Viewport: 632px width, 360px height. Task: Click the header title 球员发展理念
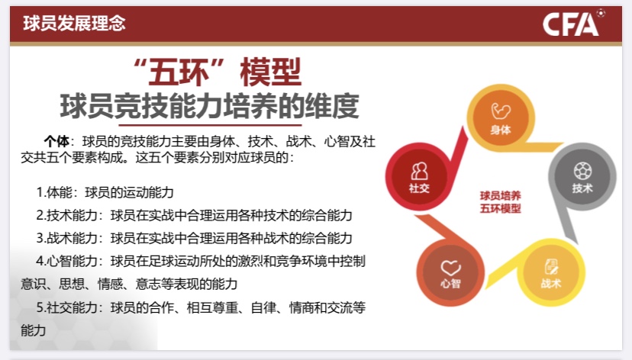pyautogui.click(x=75, y=24)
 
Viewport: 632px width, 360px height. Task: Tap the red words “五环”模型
pyautogui.click(x=217, y=72)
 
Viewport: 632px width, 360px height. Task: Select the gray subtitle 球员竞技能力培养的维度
pyautogui.click(x=209, y=106)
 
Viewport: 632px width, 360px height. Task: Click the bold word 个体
pyautogui.click(x=56, y=142)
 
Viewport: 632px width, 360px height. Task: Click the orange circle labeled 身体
pyautogui.click(x=501, y=117)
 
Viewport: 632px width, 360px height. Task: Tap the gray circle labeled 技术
pyautogui.click(x=582, y=176)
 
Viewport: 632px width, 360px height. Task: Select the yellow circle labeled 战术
pyautogui.click(x=550, y=272)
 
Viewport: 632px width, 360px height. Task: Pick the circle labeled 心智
pyautogui.click(x=450, y=272)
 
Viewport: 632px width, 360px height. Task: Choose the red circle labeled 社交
pyautogui.click(x=419, y=176)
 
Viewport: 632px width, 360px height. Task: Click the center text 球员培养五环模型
pyautogui.click(x=500, y=202)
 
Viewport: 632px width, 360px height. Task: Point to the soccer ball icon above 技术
pyautogui.click(x=583, y=171)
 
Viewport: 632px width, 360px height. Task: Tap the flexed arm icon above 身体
pyautogui.click(x=501, y=111)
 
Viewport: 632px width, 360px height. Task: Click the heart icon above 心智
pyautogui.click(x=450, y=268)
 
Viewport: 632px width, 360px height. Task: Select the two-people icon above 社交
pyautogui.click(x=419, y=171)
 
